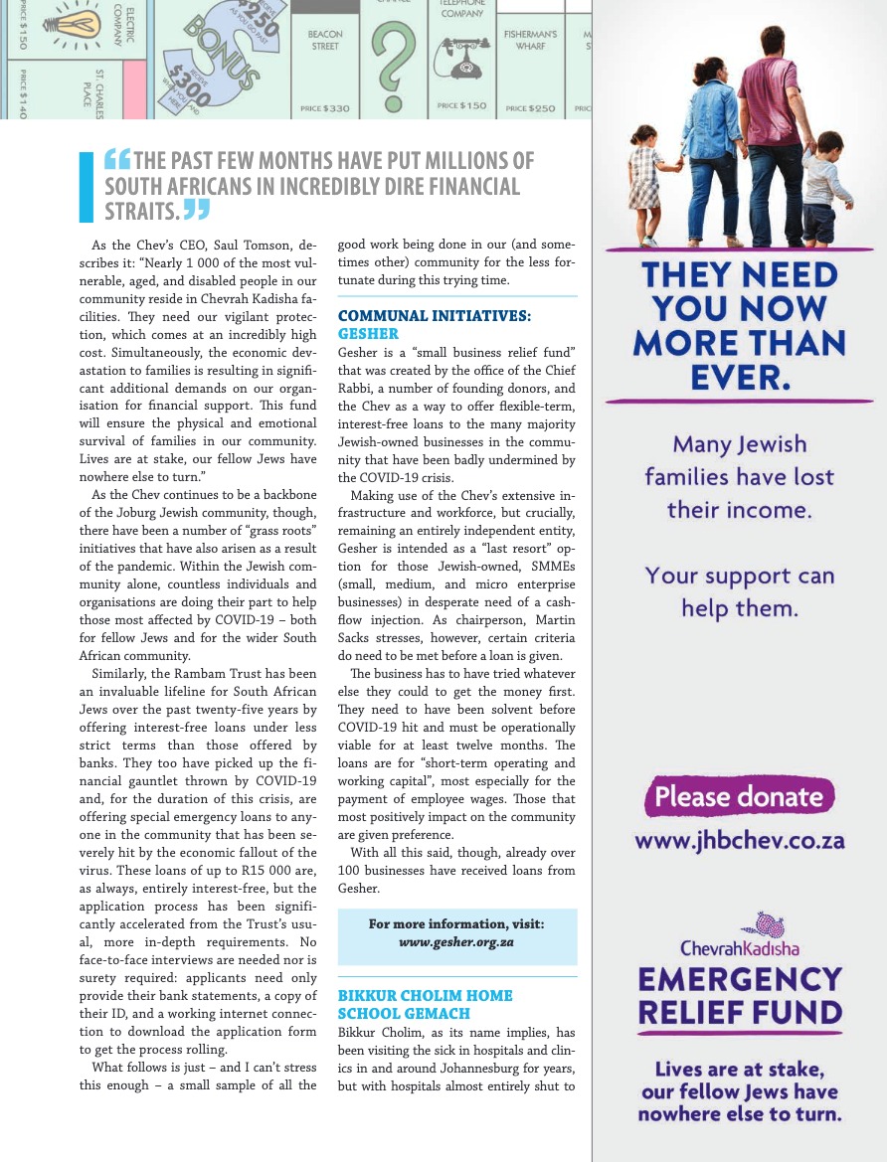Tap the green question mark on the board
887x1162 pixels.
[x=398, y=60]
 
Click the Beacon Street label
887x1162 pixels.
[x=324, y=40]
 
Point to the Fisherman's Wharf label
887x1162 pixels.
[x=530, y=40]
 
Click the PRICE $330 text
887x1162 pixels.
[x=325, y=107]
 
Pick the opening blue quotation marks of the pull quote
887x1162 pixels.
[x=117, y=160]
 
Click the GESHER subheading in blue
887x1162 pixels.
[x=368, y=334]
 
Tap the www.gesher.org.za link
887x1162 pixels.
[x=456, y=940]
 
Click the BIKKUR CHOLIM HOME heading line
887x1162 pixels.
[x=426, y=995]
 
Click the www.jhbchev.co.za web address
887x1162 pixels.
[x=740, y=841]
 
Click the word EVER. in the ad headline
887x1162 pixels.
[x=740, y=377]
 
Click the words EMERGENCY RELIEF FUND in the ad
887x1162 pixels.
[x=740, y=997]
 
